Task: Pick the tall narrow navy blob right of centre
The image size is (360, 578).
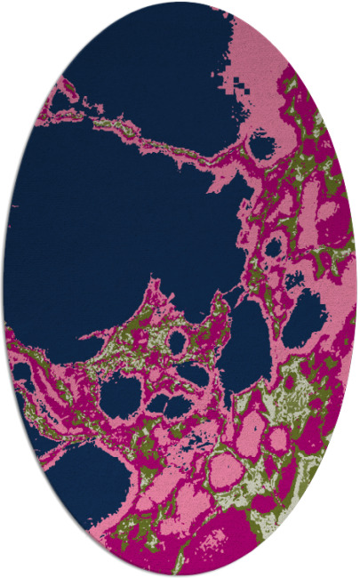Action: (x=245, y=347)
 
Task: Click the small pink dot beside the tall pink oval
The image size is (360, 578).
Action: (x=278, y=438)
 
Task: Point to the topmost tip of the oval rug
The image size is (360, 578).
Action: (x=180, y=2)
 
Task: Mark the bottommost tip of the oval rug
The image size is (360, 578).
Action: (x=180, y=575)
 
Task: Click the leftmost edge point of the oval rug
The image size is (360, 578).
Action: (x=3, y=289)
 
